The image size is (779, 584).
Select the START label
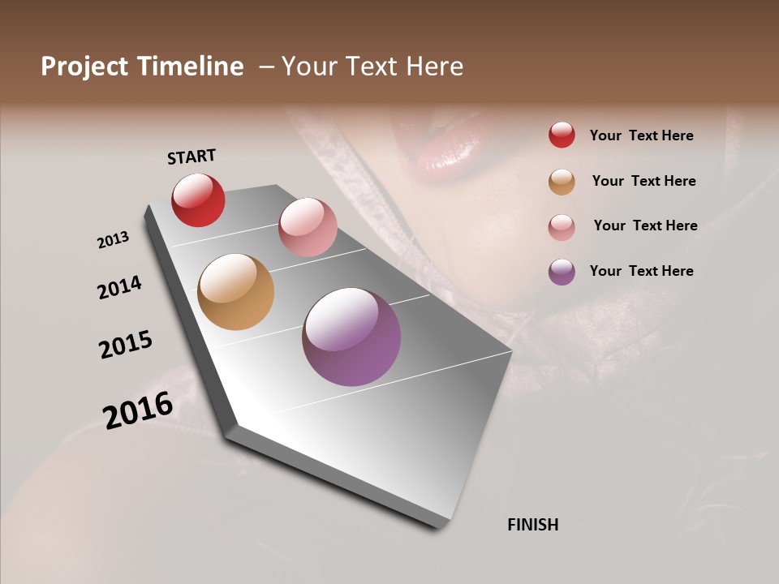[192, 157]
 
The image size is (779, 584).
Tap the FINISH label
[533, 525]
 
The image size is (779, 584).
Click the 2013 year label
[113, 240]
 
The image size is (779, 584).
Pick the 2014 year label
[119, 287]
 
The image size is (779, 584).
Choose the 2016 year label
[138, 410]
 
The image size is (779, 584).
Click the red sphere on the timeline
[198, 200]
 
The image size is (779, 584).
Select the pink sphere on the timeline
[308, 227]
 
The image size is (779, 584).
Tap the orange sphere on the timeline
[235, 292]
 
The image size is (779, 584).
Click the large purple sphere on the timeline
[351, 337]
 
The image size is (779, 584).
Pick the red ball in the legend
[562, 135]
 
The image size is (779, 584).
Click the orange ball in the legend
[562, 182]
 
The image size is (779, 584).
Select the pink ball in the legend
[562, 227]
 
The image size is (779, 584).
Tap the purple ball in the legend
[562, 272]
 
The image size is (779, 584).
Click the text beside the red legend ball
[641, 135]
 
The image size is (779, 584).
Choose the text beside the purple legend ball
[641, 271]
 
